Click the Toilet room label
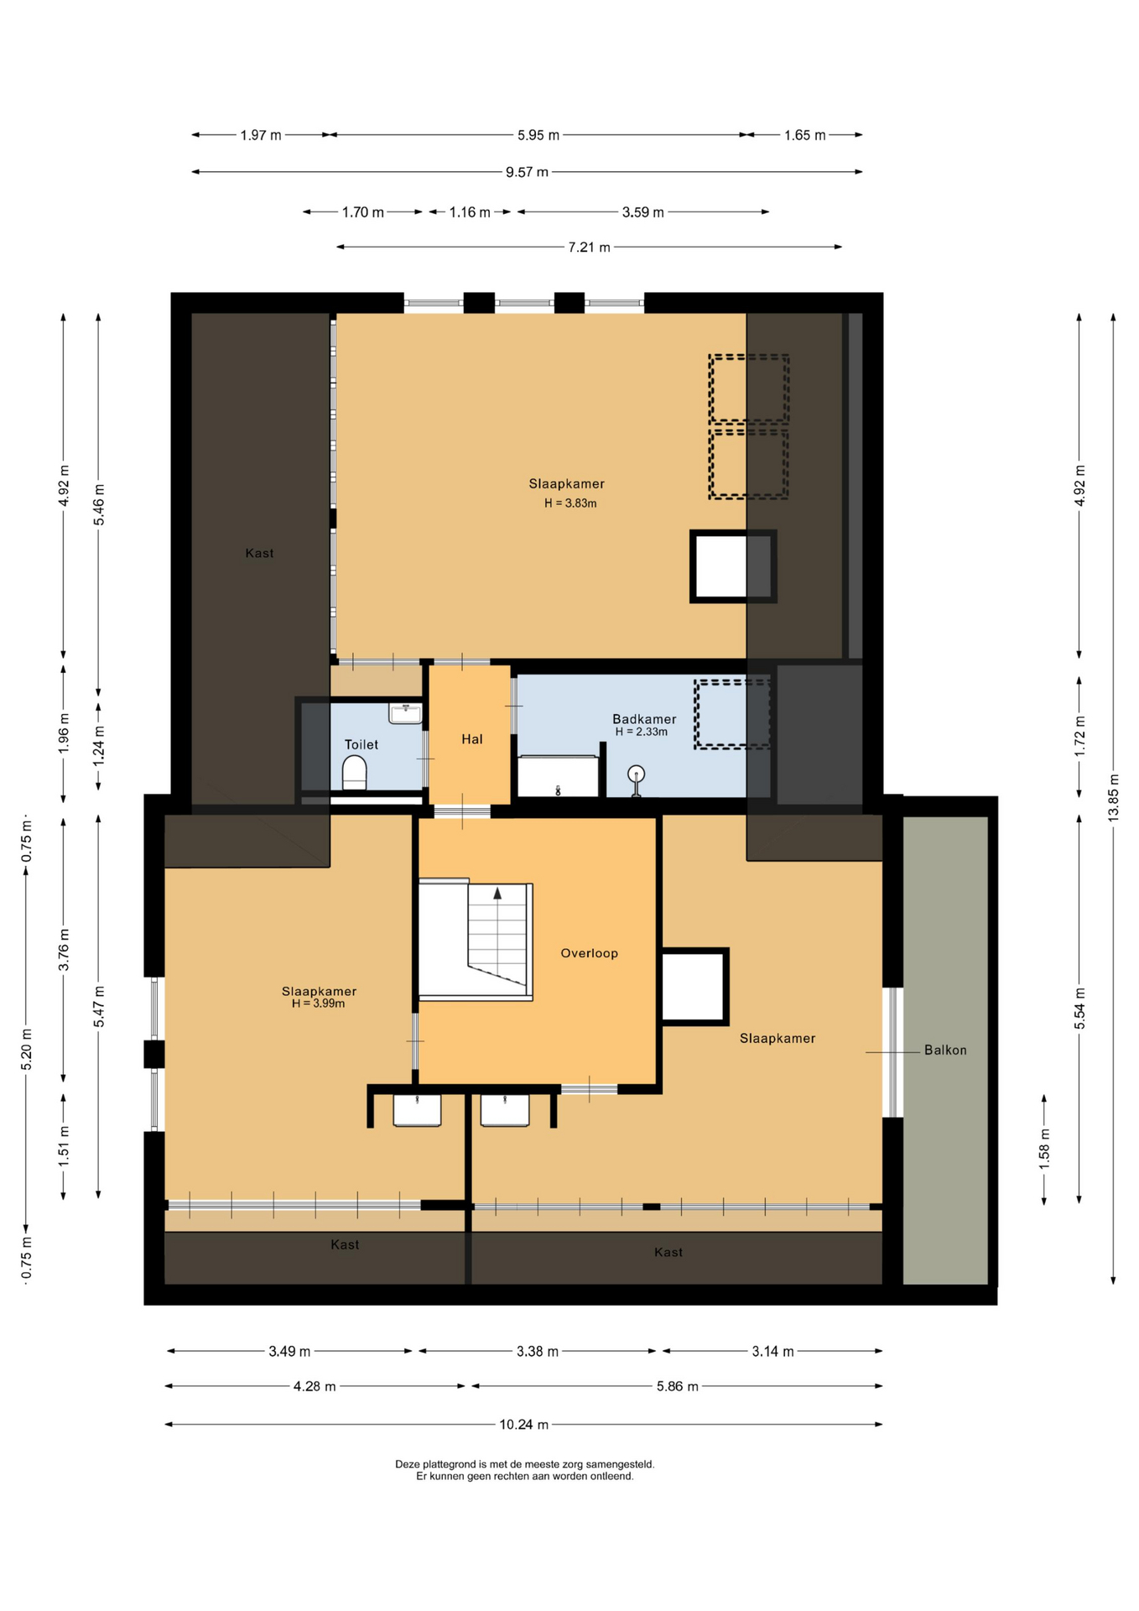[x=361, y=744]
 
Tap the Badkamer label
[x=644, y=719]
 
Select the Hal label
[x=472, y=739]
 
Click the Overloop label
[x=590, y=953]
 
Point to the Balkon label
[x=945, y=1050]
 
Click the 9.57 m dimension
[x=527, y=172]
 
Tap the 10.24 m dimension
[x=524, y=1424]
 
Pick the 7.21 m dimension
[x=590, y=247]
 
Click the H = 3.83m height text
[x=570, y=503]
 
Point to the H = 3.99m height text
[x=319, y=1004]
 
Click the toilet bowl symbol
[x=355, y=773]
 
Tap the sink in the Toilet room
[x=406, y=713]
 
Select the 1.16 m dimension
[x=470, y=212]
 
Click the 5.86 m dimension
[x=678, y=1386]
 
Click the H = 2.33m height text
[x=642, y=732]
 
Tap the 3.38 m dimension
[x=538, y=1351]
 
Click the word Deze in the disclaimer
[x=407, y=1464]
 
